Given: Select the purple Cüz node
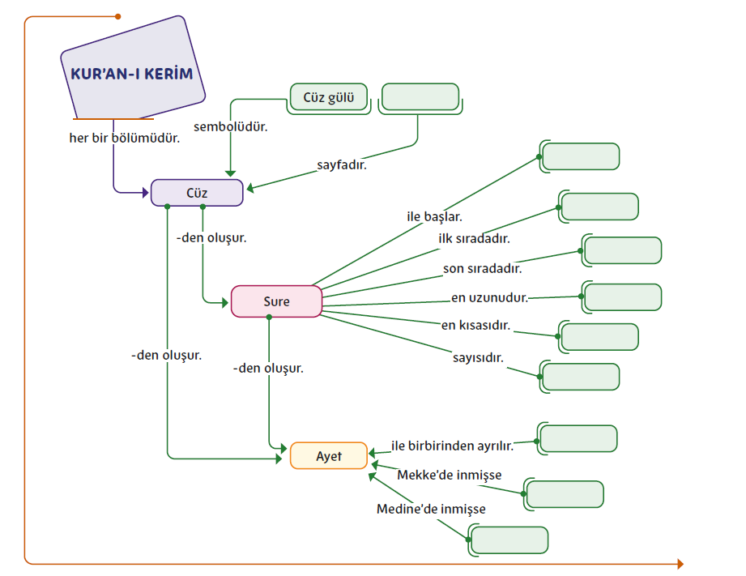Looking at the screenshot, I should pos(197,193).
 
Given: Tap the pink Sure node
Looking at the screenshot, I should pos(276,301).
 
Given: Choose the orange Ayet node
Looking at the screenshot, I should pos(329,456).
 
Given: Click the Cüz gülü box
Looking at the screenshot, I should pos(328,97).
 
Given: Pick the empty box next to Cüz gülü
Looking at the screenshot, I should pos(420,97).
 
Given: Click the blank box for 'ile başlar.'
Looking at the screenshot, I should pos(580,156).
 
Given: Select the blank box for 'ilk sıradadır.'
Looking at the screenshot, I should pos(599,207).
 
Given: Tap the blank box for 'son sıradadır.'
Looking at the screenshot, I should pos(622,250).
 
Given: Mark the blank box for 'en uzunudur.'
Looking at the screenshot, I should pos(622,297).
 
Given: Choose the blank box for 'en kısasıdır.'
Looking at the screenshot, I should pos(599,337).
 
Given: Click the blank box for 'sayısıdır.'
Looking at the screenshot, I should pos(580,377).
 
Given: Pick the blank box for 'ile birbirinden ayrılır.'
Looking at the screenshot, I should pos(578,439).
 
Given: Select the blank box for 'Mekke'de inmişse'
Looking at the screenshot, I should pos(564,494).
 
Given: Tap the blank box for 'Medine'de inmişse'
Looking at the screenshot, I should pos(509,540).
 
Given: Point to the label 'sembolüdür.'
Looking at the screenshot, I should pos(231,127).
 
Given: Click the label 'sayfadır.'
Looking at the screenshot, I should pos(341,164).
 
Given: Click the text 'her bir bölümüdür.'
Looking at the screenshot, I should pos(124,138).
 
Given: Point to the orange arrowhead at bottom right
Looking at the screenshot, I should pos(680,564).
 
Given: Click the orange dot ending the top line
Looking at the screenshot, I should pos(118,16).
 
